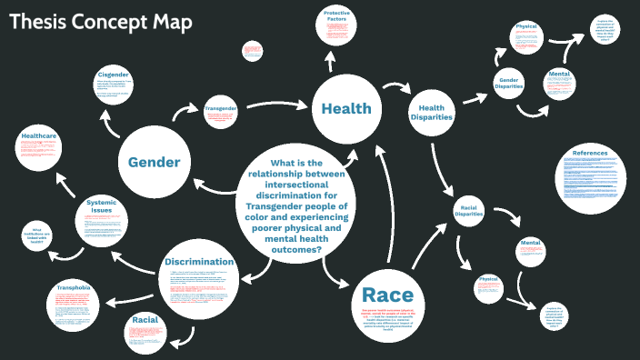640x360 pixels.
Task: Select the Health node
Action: point(345,109)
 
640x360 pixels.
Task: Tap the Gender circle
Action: point(154,163)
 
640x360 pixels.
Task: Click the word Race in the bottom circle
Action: point(387,295)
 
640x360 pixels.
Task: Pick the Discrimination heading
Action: point(199,262)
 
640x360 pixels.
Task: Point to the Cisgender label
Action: point(115,75)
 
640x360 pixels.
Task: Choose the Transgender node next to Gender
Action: point(220,108)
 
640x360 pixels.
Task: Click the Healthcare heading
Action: point(40,135)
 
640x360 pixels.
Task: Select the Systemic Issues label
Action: point(101,206)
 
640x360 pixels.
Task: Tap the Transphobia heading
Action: point(73,287)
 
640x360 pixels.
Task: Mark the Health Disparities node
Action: point(431,111)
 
